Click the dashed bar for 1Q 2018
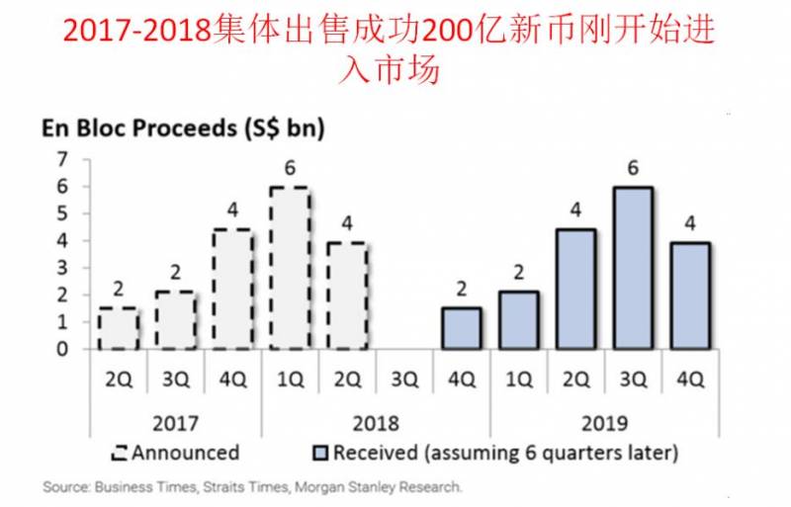290,268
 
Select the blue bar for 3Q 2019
632,268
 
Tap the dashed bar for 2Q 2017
119,328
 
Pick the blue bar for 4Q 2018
461,328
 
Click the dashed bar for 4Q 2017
232,290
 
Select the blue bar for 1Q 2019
518,320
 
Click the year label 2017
174,422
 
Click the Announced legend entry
176,453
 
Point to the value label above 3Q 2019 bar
632,167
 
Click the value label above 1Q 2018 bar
290,167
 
